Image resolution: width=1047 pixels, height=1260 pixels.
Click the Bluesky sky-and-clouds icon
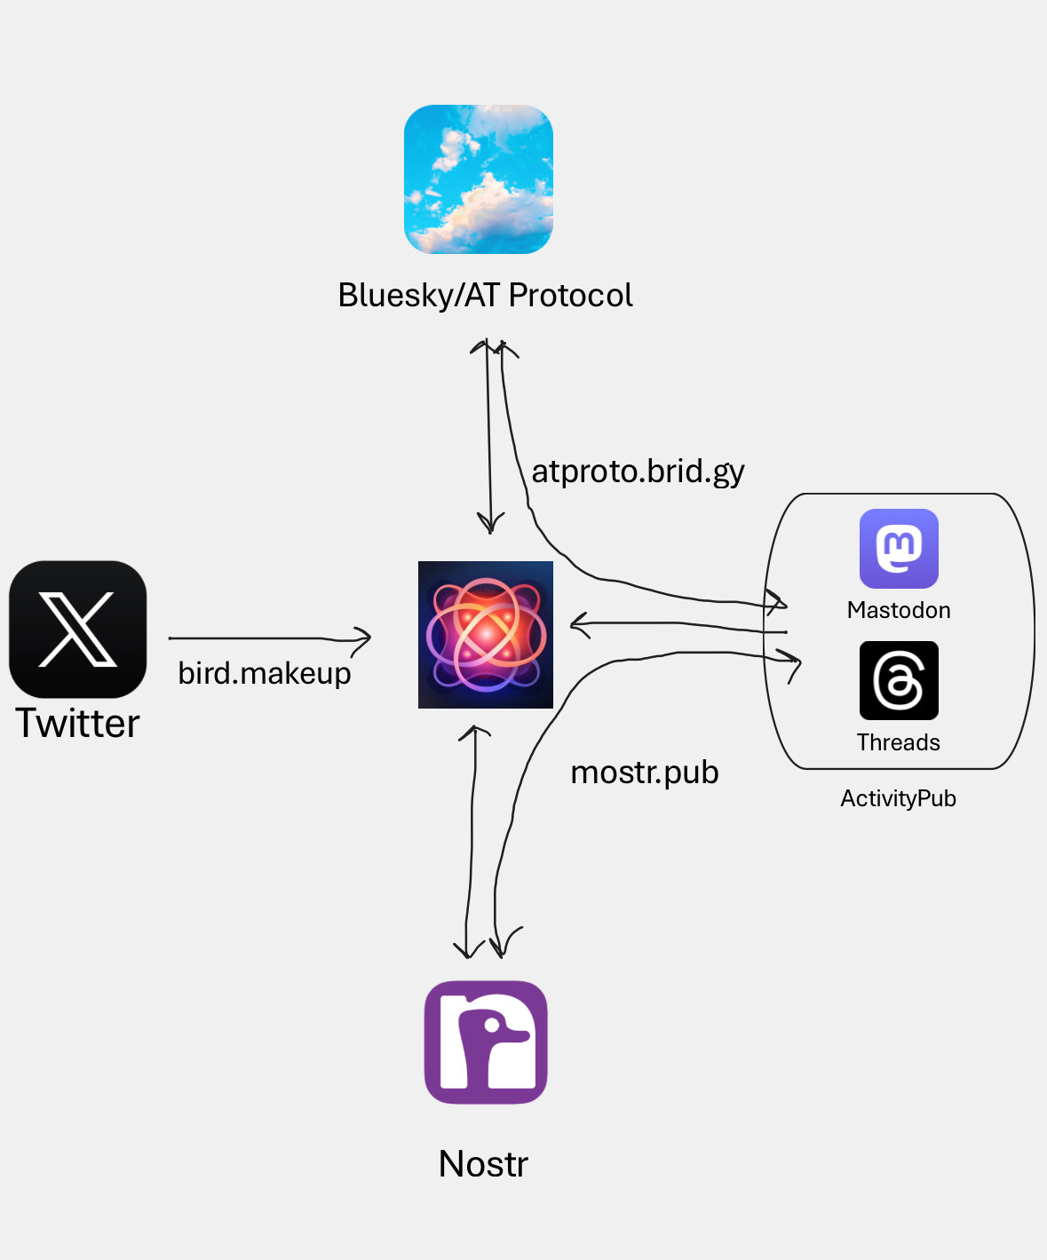coord(479,179)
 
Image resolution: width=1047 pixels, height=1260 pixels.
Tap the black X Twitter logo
coord(78,629)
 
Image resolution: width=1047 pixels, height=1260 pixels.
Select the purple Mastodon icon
coord(899,548)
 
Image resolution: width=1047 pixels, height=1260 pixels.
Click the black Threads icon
coord(899,680)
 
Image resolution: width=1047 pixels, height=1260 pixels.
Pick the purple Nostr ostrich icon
coord(486,1042)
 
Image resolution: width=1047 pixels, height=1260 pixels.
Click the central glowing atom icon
coord(486,635)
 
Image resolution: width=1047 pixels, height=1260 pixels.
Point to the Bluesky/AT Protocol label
coord(485,296)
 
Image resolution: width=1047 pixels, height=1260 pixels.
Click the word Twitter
coord(78,724)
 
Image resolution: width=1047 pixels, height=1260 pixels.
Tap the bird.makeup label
coord(265,674)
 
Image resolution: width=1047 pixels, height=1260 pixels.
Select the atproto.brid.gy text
coord(638,472)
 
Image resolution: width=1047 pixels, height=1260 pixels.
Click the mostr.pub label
coord(645,773)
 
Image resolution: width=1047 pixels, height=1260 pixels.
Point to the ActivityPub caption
coord(898,798)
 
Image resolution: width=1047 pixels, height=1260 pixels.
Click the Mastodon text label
coord(899,610)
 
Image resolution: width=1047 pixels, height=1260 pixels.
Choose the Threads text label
coord(899,742)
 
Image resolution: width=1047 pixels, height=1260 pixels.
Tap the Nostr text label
coord(484,1164)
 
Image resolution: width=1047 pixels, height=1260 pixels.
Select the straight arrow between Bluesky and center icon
coord(488,435)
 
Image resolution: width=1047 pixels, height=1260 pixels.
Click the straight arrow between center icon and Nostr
coord(472,844)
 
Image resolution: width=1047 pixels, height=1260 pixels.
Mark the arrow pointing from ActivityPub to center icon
coord(675,625)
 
